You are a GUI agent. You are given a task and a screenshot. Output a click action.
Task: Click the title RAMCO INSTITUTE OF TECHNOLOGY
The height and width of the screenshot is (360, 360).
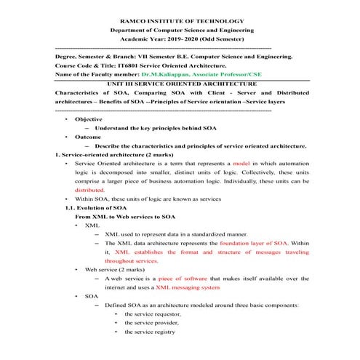pos(180,22)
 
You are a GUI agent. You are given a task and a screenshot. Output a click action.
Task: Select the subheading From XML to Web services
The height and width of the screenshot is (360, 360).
pos(125,217)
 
